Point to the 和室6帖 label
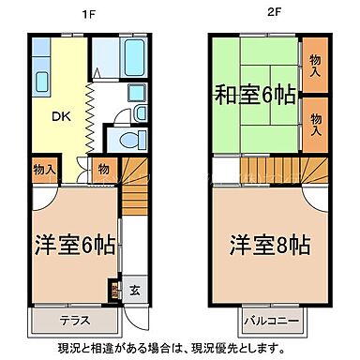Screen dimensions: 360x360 tap(254, 94)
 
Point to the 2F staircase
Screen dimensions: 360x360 tap(272, 171)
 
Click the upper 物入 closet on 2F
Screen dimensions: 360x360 tap(315, 63)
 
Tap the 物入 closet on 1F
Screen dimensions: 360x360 tap(43, 170)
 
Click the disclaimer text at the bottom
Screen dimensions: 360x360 tap(180, 348)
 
